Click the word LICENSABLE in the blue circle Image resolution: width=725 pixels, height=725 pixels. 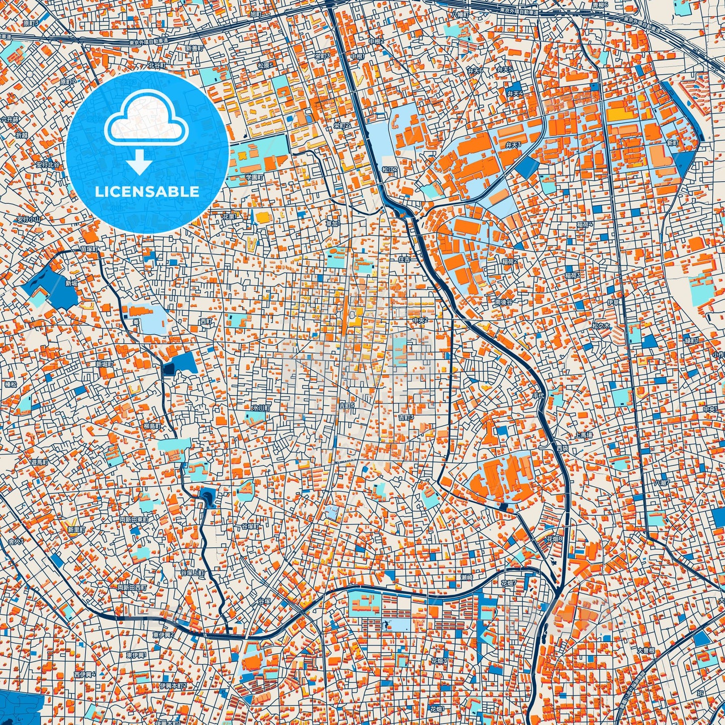(147, 191)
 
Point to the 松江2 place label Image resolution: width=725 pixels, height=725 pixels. (389, 170)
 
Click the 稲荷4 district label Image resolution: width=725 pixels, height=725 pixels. (585, 224)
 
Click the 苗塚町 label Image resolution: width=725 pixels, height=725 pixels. (90, 249)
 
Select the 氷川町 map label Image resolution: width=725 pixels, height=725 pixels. (261, 408)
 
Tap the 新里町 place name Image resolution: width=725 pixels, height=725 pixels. (77, 529)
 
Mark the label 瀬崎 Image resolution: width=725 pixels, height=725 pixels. (467, 577)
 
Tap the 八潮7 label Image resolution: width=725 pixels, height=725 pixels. (662, 483)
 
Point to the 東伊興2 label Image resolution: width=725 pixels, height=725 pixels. (164, 635)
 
